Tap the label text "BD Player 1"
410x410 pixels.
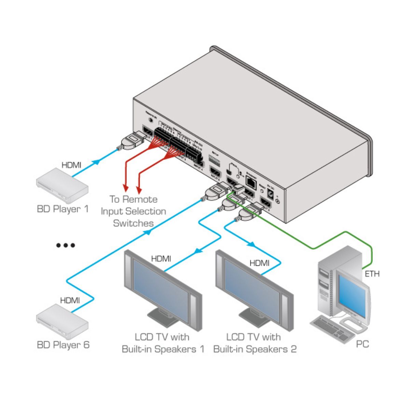pyautogui.click(x=63, y=209)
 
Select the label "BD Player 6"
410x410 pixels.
pyautogui.click(x=63, y=345)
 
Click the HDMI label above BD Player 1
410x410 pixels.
pyautogui.click(x=71, y=165)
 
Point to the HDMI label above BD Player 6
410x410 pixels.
pyautogui.click(x=70, y=300)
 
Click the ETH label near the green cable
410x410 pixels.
pyautogui.click(x=372, y=274)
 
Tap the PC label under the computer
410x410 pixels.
pyautogui.click(x=362, y=344)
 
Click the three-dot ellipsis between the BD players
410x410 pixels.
pyautogui.click(x=66, y=245)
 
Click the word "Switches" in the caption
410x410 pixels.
pyautogui.click(x=133, y=223)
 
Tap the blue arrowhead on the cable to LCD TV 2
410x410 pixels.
pyautogui.click(x=251, y=244)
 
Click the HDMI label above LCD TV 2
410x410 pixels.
pyautogui.click(x=259, y=263)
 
